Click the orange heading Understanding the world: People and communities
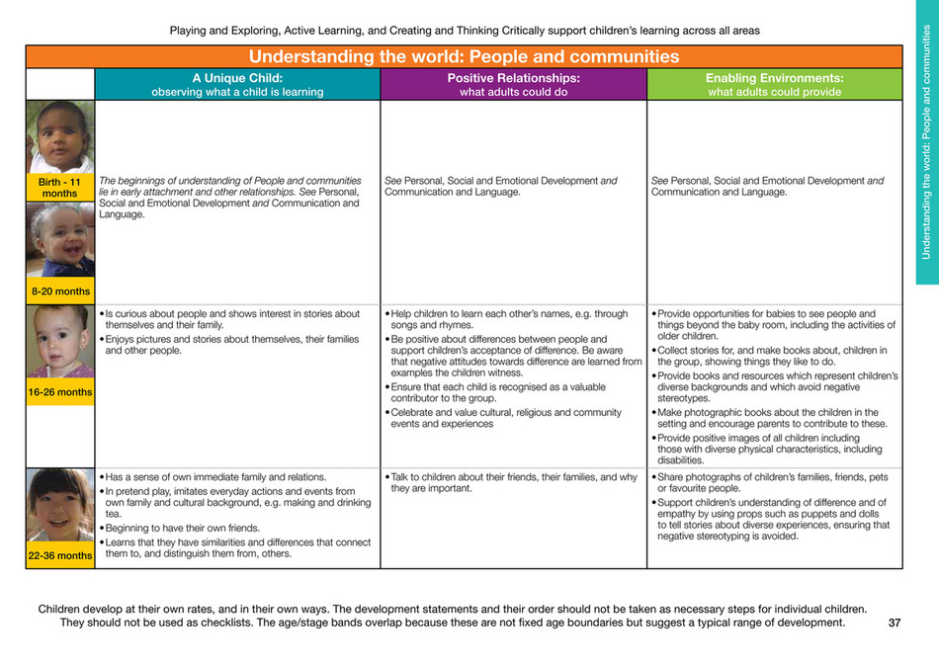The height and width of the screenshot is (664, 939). pos(464,56)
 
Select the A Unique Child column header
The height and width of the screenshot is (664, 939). pos(237,84)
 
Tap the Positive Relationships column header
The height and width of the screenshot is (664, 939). pos(513,84)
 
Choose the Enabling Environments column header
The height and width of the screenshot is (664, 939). pos(774,84)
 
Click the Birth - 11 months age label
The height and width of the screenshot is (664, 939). pos(59,187)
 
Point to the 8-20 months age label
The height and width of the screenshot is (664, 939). pos(59,290)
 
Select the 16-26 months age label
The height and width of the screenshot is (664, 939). pos(59,392)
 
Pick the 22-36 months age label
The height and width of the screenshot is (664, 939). pos(59,555)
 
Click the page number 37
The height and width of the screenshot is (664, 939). pos(895,623)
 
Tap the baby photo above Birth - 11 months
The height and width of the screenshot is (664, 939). pos(59,137)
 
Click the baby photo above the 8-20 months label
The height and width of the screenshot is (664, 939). pos(59,240)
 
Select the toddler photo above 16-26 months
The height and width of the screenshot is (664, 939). pos(59,344)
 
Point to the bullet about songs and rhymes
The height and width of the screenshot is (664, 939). pos(509,320)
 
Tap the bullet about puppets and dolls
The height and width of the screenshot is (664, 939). pos(771,520)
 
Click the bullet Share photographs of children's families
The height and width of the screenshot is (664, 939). pos(771,483)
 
